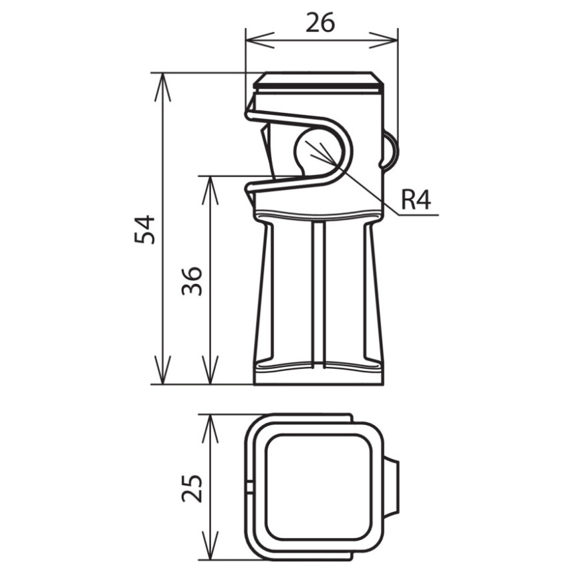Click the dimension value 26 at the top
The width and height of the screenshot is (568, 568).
pos(320,23)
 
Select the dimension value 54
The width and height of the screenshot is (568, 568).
pos(144,229)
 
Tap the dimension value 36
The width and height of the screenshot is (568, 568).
pos(191,281)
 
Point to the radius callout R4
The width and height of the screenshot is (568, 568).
pos(416,200)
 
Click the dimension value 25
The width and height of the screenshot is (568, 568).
pos(192,488)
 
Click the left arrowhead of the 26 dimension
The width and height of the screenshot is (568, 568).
pos(260,40)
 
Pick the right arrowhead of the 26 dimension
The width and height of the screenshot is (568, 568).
pos(384,40)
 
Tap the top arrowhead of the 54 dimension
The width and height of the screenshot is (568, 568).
pos(162,88)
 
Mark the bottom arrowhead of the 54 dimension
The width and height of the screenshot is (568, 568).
pos(162,370)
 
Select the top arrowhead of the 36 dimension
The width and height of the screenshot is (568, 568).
pos(210,190)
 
